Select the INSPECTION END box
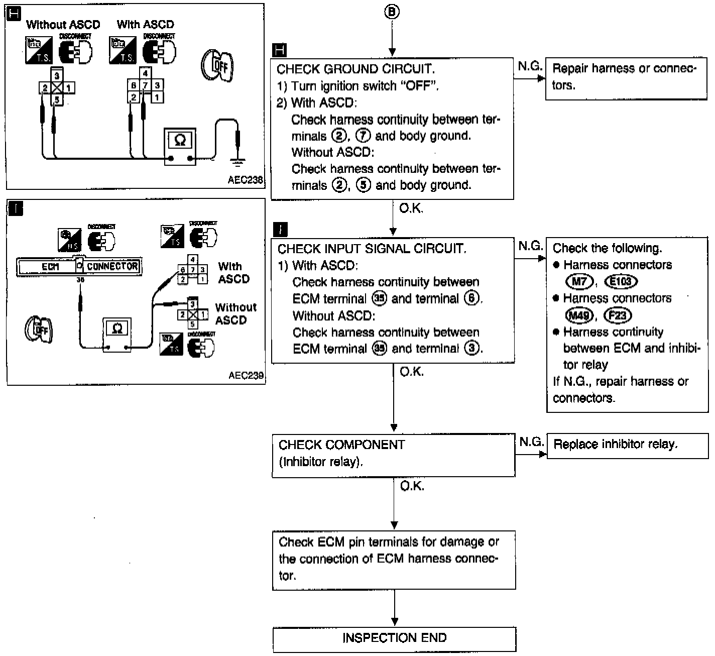(x=394, y=638)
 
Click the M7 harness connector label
(x=579, y=282)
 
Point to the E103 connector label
(x=621, y=282)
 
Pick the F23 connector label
(x=617, y=315)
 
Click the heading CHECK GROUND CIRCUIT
(x=355, y=69)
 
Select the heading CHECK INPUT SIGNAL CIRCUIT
(x=372, y=249)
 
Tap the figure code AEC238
(x=246, y=180)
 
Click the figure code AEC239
(x=246, y=375)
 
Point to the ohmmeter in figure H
(x=180, y=146)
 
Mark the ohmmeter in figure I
(x=117, y=335)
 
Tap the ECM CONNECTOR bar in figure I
(x=79, y=267)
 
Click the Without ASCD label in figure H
(x=63, y=24)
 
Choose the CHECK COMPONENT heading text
(x=341, y=445)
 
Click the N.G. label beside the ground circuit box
(x=530, y=66)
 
